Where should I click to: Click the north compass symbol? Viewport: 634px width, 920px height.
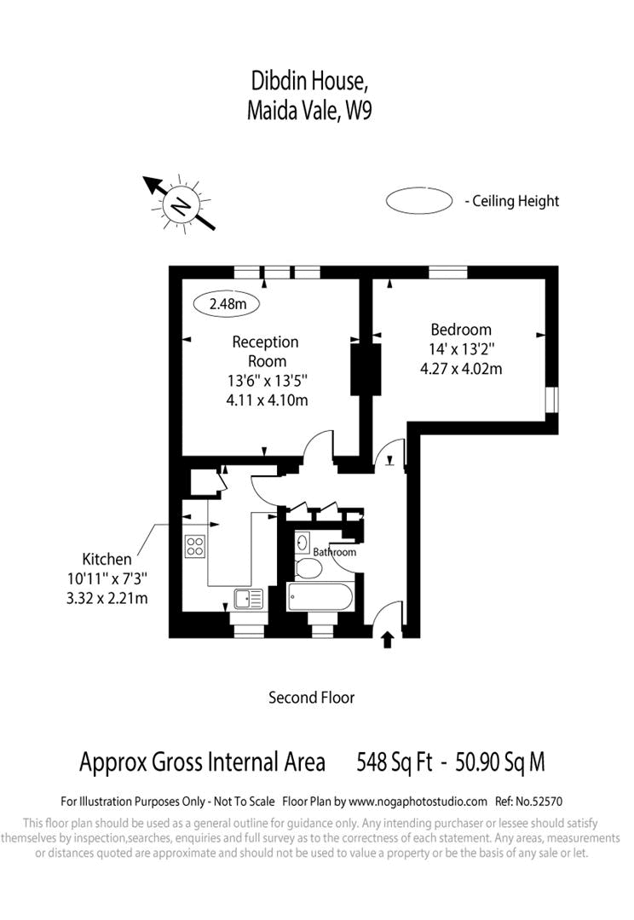click(x=181, y=204)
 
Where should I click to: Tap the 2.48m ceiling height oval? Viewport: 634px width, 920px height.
click(x=227, y=302)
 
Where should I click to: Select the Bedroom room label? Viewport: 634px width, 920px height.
click(x=460, y=330)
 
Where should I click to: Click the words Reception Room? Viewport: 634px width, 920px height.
click(x=266, y=351)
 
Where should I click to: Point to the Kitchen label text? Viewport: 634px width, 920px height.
click(x=107, y=560)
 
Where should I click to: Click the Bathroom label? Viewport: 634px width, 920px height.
click(x=334, y=553)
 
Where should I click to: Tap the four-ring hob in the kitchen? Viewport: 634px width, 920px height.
click(x=195, y=545)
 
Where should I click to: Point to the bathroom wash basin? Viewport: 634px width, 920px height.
click(x=303, y=541)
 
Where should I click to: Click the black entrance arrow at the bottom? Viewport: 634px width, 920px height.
click(x=388, y=639)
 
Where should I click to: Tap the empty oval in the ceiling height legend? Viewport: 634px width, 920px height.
click(x=418, y=201)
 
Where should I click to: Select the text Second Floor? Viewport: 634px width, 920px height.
click(x=311, y=698)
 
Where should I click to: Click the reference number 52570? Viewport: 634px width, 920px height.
click(x=545, y=802)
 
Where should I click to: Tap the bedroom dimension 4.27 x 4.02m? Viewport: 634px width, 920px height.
click(x=461, y=369)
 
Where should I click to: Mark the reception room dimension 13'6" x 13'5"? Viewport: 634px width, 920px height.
click(x=266, y=381)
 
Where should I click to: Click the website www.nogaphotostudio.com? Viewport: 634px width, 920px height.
click(x=418, y=802)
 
